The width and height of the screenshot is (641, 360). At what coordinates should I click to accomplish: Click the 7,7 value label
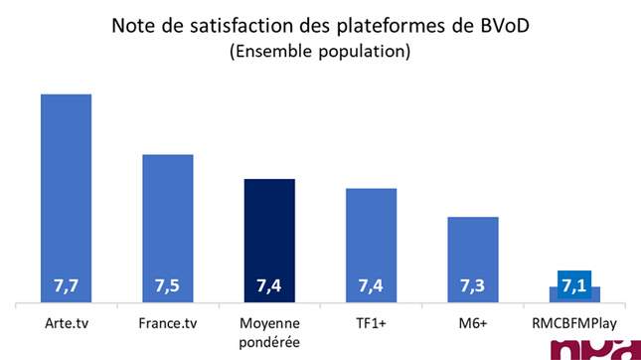(66, 287)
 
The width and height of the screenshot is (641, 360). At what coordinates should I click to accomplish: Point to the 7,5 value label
(167, 287)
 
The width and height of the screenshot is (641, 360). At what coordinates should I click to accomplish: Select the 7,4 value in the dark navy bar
(269, 287)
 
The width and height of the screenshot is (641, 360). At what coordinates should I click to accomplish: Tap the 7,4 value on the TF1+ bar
(371, 287)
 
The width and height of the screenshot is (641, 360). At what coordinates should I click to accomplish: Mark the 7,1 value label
(573, 286)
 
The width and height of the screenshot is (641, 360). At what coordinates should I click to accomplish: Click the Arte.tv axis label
(66, 323)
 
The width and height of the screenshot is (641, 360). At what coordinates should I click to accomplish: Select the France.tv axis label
(167, 323)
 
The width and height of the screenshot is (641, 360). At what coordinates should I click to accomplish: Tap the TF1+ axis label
(371, 323)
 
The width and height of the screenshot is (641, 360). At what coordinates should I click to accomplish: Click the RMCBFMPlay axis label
(574, 323)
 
